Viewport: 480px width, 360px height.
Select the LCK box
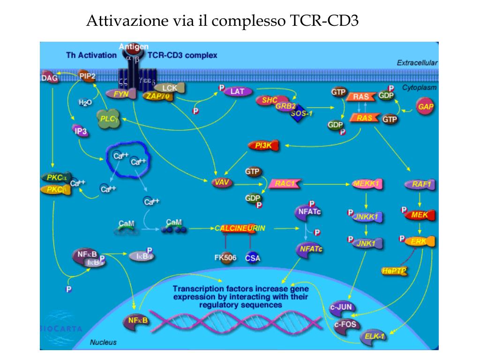pos(170,88)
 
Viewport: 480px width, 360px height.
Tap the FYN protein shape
pos(121,93)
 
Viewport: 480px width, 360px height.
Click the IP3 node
pos(80,132)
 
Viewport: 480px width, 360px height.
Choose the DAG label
pos(49,78)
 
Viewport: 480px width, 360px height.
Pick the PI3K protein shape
pos(263,145)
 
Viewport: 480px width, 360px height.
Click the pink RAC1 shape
pos(284,183)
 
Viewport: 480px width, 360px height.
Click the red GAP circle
pos(426,107)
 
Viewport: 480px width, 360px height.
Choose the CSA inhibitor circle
pos(253,257)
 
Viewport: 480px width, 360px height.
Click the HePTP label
pos(395,270)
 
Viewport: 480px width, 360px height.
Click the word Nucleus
pos(103,342)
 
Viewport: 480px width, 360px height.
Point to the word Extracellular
pos(417,62)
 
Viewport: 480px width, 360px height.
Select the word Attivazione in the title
pos(125,21)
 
